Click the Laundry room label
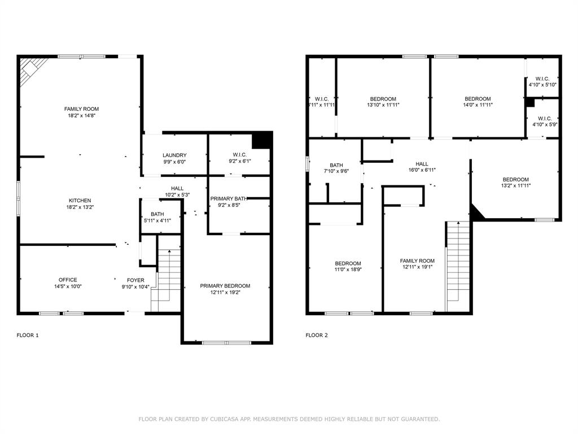coord(174,155)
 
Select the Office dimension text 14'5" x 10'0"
coord(68,287)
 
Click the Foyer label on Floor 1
coord(135,280)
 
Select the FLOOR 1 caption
coord(28,335)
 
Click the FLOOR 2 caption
coord(317,335)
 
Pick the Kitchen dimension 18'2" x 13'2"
coord(80,207)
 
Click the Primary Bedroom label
coord(225,286)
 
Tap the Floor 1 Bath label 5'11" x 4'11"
coord(157,218)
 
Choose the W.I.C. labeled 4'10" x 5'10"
coord(542,81)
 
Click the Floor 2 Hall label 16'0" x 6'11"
coord(422,167)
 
